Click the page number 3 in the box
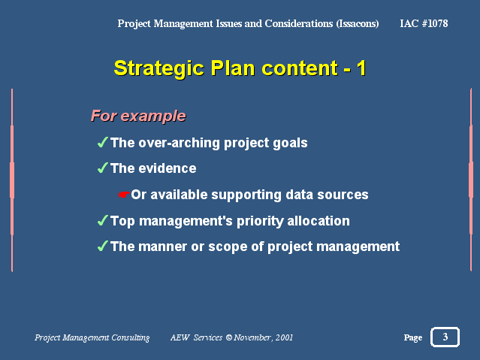445,337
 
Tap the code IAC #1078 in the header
424,23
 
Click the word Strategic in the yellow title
159,68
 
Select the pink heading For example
138,116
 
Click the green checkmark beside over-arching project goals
103,142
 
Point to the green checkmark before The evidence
103,168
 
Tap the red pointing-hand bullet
124,195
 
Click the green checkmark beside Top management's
103,220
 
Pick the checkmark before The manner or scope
103,246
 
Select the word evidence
168,168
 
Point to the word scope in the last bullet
228,247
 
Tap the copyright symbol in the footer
229,337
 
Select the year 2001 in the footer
284,337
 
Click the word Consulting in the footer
131,337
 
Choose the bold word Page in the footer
413,337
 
